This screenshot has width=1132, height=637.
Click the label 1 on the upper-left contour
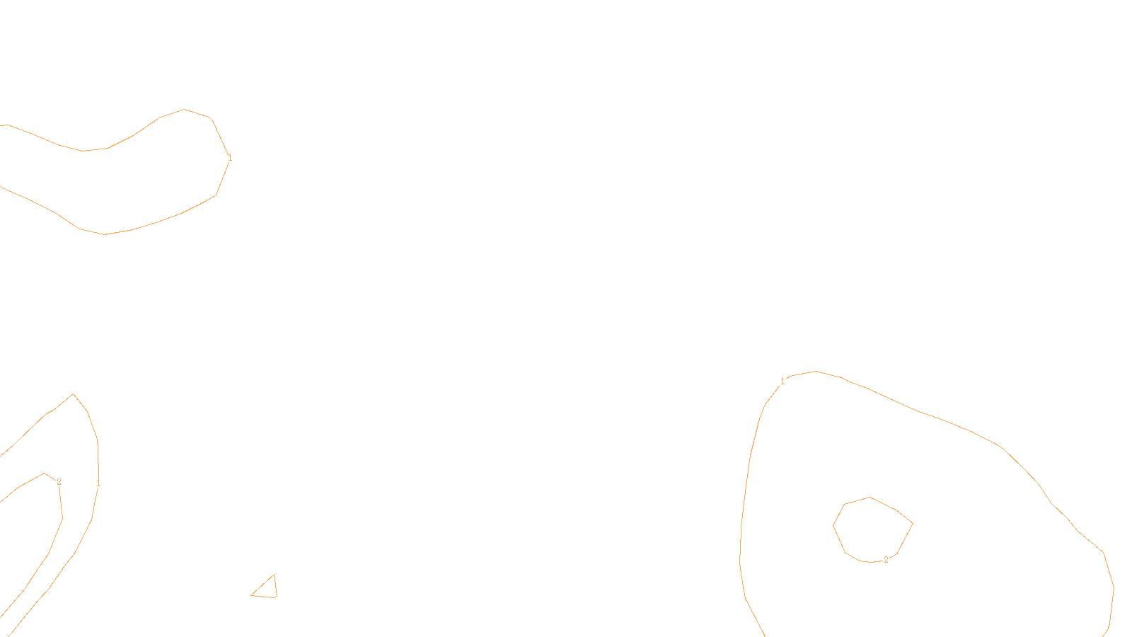[x=229, y=158]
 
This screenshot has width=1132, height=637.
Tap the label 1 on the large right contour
[x=782, y=381]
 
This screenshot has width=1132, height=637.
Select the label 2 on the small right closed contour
[x=886, y=560]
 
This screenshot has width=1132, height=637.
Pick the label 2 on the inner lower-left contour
[x=59, y=482]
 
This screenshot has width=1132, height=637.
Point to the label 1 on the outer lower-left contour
[x=98, y=484]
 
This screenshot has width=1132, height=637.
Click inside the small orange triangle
[x=267, y=590]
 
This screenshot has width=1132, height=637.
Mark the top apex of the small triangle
[x=274, y=575]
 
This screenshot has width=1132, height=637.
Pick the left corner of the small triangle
[x=252, y=595]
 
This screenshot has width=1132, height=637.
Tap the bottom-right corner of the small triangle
[x=277, y=597]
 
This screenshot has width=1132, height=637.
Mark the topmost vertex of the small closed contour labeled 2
[x=870, y=497]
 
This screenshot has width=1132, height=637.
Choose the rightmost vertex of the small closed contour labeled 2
[x=913, y=524]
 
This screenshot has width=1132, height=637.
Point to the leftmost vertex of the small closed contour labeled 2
[x=833, y=526]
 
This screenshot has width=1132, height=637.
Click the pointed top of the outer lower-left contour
[x=73, y=394]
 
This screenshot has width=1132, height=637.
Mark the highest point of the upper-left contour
[x=185, y=109]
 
